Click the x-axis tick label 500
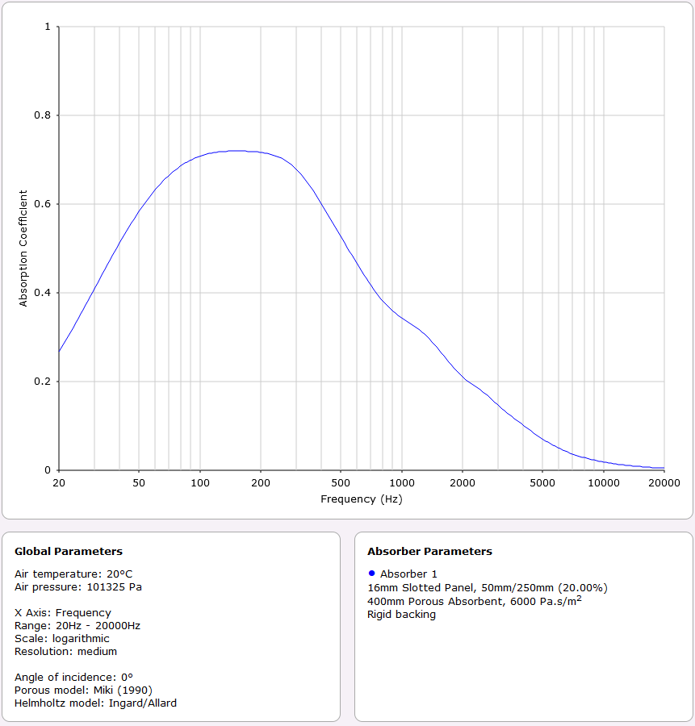click(341, 482)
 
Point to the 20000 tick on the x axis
click(664, 482)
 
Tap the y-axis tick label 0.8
click(42, 115)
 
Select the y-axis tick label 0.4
click(42, 293)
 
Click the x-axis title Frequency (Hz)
click(361, 499)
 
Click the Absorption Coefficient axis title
click(23, 248)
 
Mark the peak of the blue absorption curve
click(234, 151)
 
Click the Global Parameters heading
click(69, 552)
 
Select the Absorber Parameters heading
click(429, 552)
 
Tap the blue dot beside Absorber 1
click(371, 573)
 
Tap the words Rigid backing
click(401, 614)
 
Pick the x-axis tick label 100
click(200, 482)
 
